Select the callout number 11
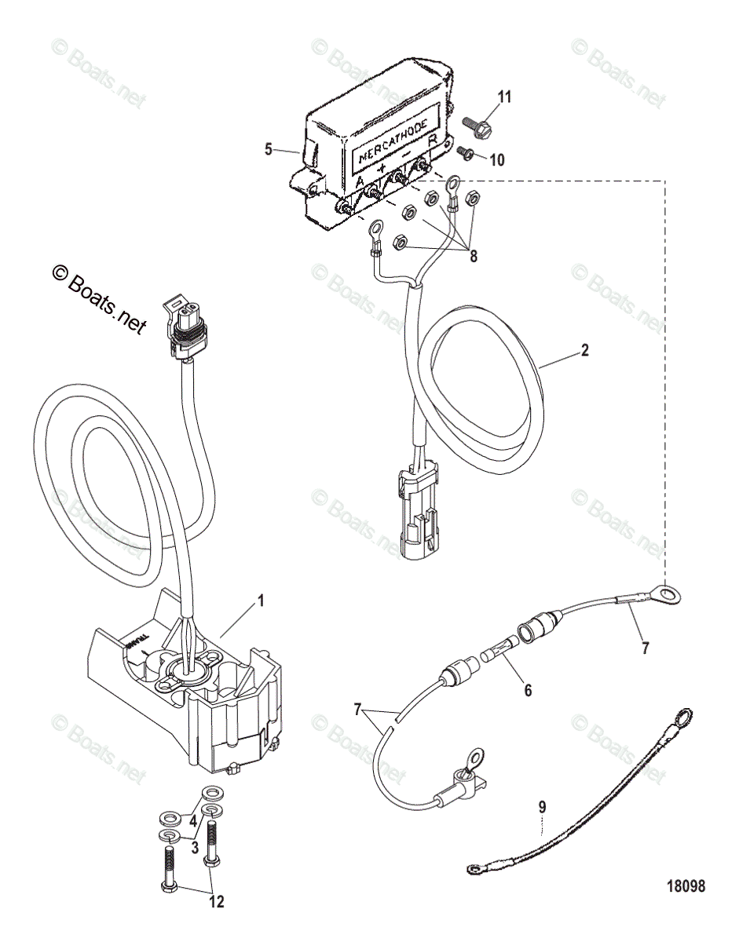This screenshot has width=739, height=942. click(x=505, y=97)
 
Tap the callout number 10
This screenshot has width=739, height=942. click(x=497, y=159)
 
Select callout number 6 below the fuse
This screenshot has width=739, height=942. click(x=528, y=691)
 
